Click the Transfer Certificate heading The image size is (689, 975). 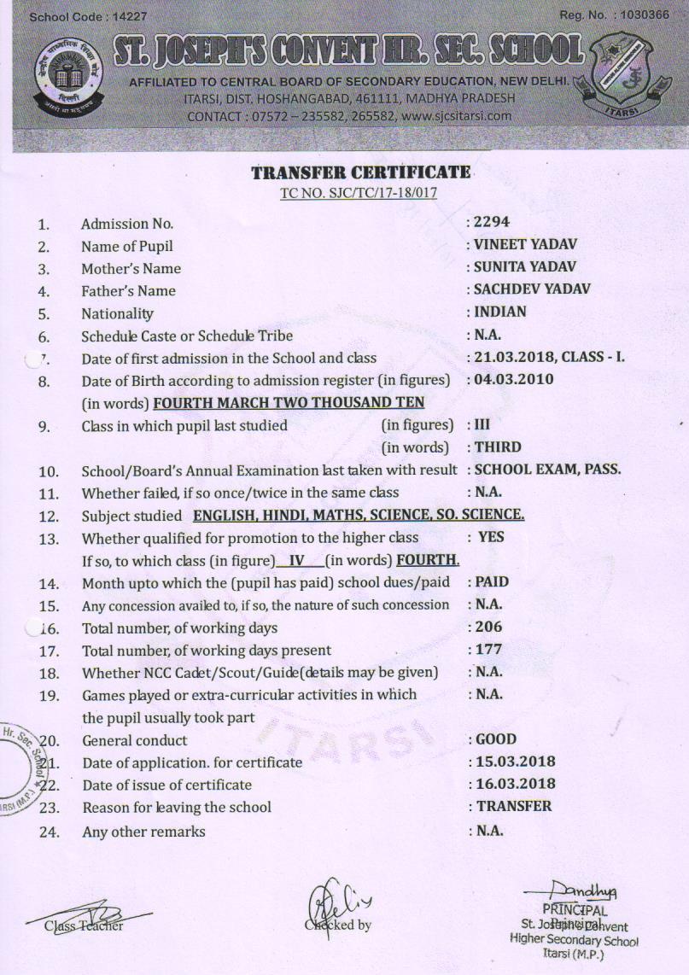pyautogui.click(x=360, y=172)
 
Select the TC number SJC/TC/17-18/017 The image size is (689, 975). pyautogui.click(x=359, y=193)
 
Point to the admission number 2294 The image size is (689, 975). pyautogui.click(x=492, y=222)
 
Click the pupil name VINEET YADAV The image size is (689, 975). pyautogui.click(x=514, y=244)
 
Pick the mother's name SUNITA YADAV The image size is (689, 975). pyautogui.click(x=514, y=267)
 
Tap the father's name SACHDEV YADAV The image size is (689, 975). pyautogui.click(x=520, y=289)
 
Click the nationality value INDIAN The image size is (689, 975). pyautogui.click(x=500, y=312)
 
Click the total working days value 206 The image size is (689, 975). pyautogui.click(x=488, y=627)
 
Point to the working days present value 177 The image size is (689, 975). pyautogui.click(x=488, y=650)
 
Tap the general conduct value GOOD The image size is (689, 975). pyautogui.click(x=496, y=739)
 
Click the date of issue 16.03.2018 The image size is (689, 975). pyautogui.click(x=515, y=784)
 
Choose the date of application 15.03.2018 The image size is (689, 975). pyautogui.click(x=515, y=762)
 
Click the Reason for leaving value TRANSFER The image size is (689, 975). pyautogui.click(x=513, y=806)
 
